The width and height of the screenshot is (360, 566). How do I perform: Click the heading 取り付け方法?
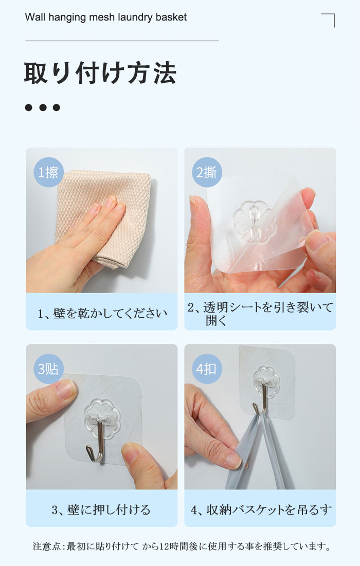tap(100, 73)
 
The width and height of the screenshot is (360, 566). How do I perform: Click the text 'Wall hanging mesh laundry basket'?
tap(106, 17)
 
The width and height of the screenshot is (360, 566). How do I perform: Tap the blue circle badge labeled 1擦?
tap(48, 172)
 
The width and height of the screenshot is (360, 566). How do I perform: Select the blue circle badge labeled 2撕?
tap(207, 172)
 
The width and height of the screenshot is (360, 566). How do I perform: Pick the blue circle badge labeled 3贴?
tap(48, 369)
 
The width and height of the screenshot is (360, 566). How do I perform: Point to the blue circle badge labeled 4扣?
tap(207, 369)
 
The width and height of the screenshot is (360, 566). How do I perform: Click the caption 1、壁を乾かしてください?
tap(102, 313)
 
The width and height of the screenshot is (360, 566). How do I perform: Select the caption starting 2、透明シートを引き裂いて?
tap(260, 313)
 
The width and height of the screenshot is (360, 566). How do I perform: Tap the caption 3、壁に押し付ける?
tap(101, 509)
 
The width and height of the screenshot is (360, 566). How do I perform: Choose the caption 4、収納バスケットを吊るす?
tap(261, 509)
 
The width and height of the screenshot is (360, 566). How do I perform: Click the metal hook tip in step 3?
tap(87, 448)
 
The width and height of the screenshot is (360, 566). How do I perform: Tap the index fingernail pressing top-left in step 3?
tap(65, 389)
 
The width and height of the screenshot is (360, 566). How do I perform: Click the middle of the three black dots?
tap(43, 107)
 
